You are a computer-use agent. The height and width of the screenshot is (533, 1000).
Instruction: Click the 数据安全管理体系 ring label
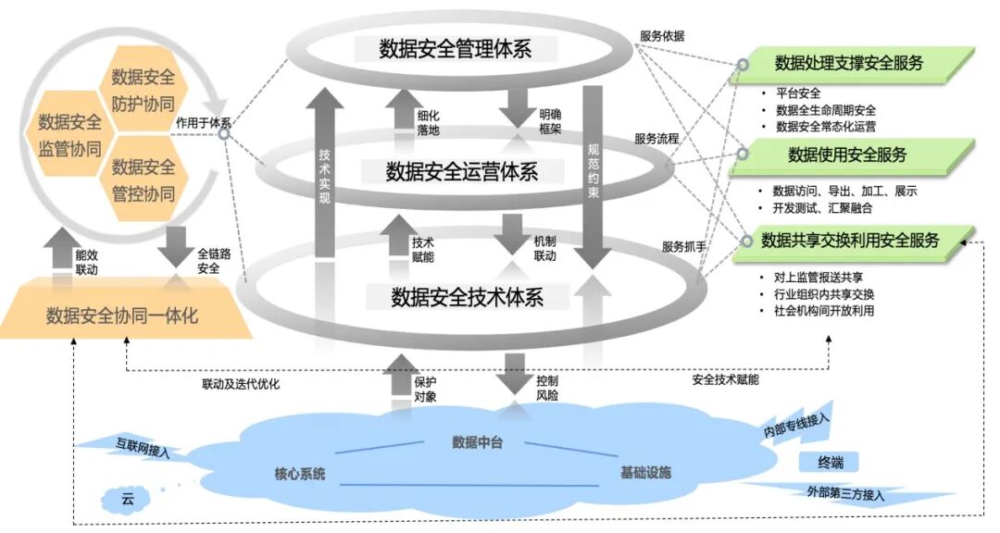pos(455,48)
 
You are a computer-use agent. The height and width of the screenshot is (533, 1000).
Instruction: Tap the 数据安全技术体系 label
pos(466,296)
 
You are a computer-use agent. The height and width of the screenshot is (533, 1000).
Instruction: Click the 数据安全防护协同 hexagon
pos(143,89)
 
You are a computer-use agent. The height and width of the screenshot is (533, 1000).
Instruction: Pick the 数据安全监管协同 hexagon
pos(69,134)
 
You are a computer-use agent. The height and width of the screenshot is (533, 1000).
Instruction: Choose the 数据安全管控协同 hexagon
pos(143,180)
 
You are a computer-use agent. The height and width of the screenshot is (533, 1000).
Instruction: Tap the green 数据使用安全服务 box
pos(846,155)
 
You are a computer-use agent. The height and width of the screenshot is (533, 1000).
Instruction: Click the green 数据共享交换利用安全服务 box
pos(850,241)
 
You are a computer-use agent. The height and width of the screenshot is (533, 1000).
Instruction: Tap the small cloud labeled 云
pos(128,500)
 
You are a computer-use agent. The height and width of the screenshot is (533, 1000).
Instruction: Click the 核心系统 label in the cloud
pos(300,474)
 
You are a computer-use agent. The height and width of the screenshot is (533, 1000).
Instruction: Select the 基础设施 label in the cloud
pos(644,474)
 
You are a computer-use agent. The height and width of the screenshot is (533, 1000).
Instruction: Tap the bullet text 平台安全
pos(798,93)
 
